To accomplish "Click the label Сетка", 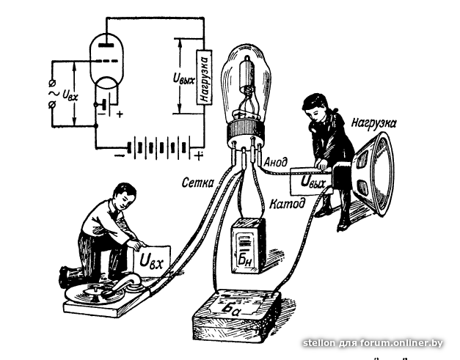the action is (198, 183).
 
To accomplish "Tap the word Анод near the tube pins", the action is (276, 162).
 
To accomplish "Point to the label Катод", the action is (287, 203).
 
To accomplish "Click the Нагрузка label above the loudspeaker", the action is (374, 122).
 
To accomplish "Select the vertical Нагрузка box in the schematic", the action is (204, 77).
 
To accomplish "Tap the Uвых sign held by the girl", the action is (312, 181).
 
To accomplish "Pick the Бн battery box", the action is (248, 246).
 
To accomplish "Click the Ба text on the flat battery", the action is (232, 309).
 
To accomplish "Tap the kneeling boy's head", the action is (125, 195).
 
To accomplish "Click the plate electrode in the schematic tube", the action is (106, 45).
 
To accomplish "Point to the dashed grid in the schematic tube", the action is (106, 62).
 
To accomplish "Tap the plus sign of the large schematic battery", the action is (199, 155).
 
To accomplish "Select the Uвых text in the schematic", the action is (183, 78).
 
